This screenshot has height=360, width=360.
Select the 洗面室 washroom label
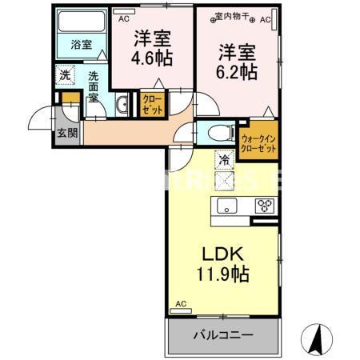point(94,86)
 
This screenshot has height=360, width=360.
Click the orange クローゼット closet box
point(152,104)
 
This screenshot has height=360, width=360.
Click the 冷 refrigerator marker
point(224,161)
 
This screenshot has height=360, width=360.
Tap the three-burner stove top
point(264,206)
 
